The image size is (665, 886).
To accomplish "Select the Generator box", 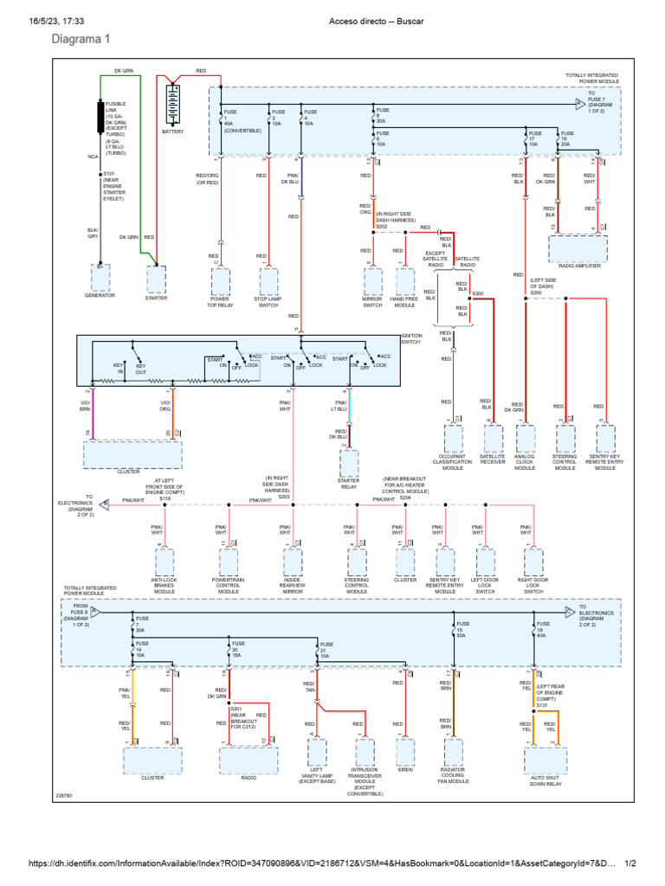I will [x=100, y=279].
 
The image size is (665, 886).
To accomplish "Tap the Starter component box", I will [x=156, y=279].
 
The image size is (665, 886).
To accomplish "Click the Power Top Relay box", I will [x=220, y=281].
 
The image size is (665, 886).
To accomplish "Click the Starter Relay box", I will [x=349, y=464].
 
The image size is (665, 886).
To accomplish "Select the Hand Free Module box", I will [x=404, y=281].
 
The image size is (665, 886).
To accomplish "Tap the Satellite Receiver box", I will [x=492, y=439].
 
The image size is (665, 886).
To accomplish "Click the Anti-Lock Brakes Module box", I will [x=170, y=562].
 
